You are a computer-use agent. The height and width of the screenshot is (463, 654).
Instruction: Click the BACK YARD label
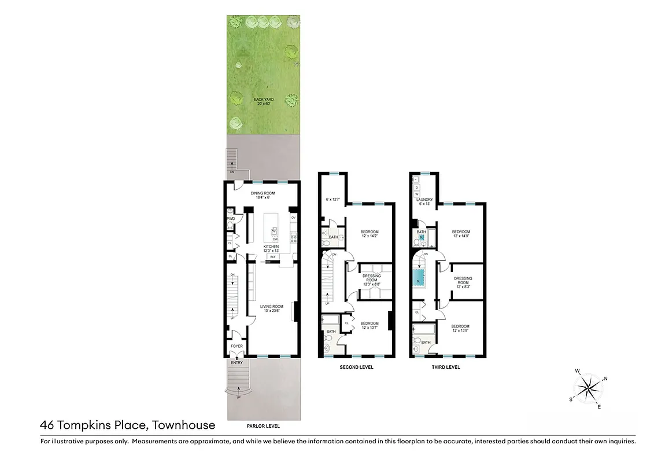click(x=263, y=100)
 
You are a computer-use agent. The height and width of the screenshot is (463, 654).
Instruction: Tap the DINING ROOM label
click(x=262, y=193)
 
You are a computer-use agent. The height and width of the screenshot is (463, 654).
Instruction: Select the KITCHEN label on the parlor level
click(x=271, y=247)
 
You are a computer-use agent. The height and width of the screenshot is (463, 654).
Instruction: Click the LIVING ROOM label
click(x=271, y=306)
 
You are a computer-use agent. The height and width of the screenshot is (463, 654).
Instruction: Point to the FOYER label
click(x=237, y=346)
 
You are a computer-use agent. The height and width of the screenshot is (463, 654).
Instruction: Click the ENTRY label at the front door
click(x=237, y=362)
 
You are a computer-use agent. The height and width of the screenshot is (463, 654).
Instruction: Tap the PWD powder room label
click(x=231, y=219)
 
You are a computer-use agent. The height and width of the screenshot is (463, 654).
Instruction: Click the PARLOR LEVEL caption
click(x=263, y=426)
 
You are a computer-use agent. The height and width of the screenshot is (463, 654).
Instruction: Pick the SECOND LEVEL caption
click(x=356, y=367)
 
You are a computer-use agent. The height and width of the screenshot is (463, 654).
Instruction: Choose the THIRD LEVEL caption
click(x=445, y=367)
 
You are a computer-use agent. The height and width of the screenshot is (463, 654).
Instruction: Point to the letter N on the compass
click(x=605, y=379)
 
